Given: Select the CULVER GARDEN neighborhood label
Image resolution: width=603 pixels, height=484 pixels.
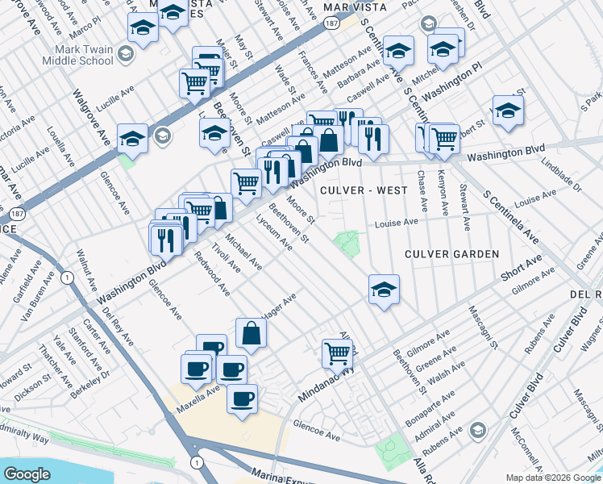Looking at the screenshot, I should (452, 254).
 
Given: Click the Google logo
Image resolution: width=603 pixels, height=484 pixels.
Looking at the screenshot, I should (27, 474).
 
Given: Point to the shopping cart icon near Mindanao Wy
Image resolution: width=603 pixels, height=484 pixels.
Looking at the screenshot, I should (337, 353).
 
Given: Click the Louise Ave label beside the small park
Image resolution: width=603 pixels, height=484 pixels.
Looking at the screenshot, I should (396, 223).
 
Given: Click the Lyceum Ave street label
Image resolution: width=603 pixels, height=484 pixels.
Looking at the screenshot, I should (274, 232).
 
